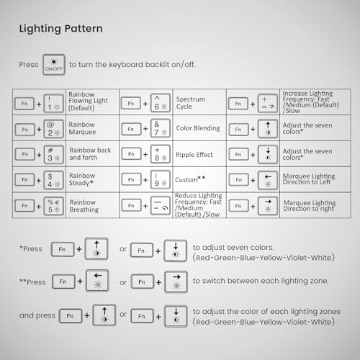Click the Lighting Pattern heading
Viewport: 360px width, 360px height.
(61, 29)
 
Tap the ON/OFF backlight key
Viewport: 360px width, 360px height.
(54, 65)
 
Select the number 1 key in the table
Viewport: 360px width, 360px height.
(54, 104)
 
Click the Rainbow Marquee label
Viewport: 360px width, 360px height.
(82, 128)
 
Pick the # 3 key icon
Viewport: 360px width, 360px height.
(54, 155)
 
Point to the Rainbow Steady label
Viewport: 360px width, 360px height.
(82, 179)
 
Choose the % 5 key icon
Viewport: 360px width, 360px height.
(54, 206)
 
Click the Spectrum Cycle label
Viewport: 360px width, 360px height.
(191, 103)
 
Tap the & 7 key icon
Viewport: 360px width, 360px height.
(161, 129)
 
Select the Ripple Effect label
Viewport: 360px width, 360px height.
(194, 155)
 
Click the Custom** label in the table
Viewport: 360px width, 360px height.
(190, 179)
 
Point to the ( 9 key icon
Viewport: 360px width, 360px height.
(161, 180)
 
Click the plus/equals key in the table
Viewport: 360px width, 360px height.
(268, 104)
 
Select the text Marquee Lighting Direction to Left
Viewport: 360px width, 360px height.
(309, 179)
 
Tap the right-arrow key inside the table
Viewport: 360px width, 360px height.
(268, 206)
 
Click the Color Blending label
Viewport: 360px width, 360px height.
(198, 128)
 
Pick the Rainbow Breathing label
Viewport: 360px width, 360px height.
(84, 206)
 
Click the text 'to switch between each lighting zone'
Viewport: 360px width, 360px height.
(261, 281)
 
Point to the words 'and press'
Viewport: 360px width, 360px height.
(37, 315)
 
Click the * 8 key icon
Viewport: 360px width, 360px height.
(161, 154)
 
